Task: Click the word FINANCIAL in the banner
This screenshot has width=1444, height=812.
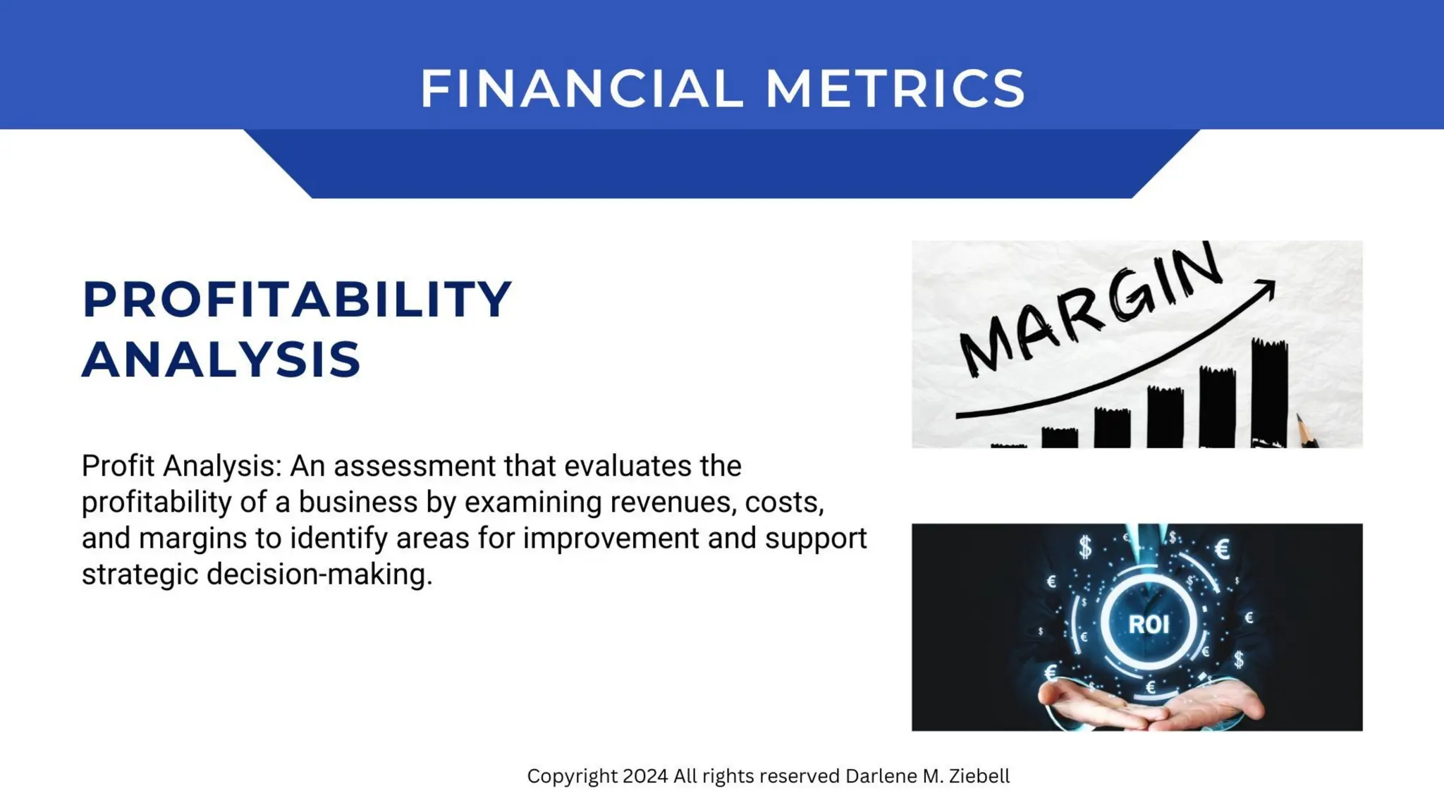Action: click(582, 89)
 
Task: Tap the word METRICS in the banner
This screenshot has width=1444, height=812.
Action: click(895, 89)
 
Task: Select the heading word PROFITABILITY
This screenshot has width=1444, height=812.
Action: click(297, 300)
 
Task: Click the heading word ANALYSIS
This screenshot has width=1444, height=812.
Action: click(221, 359)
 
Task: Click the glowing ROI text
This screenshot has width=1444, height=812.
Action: click(1149, 624)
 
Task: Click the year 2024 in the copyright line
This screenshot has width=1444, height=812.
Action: click(645, 776)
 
